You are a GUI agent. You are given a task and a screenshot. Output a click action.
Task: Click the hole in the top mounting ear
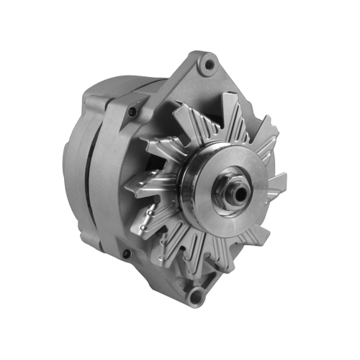(209, 65)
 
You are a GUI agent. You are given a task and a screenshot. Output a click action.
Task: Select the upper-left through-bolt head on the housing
(132, 112)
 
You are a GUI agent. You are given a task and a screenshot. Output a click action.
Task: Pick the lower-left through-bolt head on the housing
(127, 253)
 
